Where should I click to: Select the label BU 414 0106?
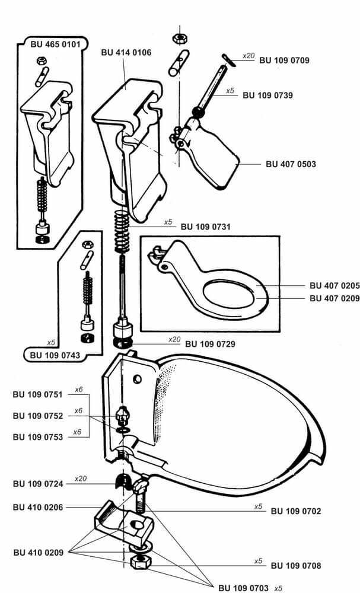pyautogui.click(x=126, y=53)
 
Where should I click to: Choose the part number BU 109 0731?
pyautogui.click(x=205, y=226)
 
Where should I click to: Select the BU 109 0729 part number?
pyautogui.click(x=210, y=343)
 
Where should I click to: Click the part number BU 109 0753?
pyautogui.click(x=37, y=437)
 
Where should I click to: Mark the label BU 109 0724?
pyautogui.click(x=37, y=483)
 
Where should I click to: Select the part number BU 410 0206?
pyautogui.click(x=37, y=508)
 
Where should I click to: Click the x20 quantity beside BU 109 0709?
pyautogui.click(x=249, y=56)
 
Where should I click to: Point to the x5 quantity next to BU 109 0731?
pyautogui.click(x=168, y=222)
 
